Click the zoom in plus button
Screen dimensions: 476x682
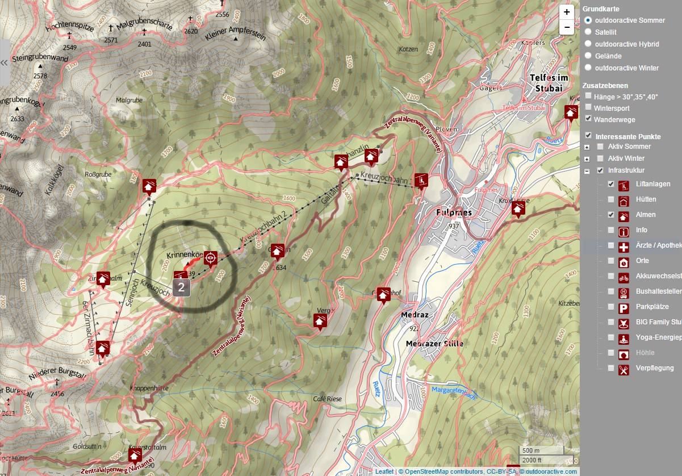coord(567,12)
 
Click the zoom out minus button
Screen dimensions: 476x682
coord(567,27)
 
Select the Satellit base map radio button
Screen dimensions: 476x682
coord(588,32)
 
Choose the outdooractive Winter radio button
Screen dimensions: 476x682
coord(588,68)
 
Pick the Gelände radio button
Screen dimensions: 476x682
coord(588,56)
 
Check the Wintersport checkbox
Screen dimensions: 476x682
coord(589,107)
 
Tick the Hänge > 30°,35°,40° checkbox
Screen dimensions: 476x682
coord(589,96)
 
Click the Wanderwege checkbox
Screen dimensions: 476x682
coord(589,119)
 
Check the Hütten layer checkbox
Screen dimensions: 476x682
coord(611,199)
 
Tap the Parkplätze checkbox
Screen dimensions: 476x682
coord(611,307)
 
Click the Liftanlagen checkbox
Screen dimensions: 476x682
coord(611,184)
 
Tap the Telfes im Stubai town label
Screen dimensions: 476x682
coord(549,83)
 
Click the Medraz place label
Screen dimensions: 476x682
coord(417,315)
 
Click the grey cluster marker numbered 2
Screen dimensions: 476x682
coord(181,287)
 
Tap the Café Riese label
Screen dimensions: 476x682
coord(327,399)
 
